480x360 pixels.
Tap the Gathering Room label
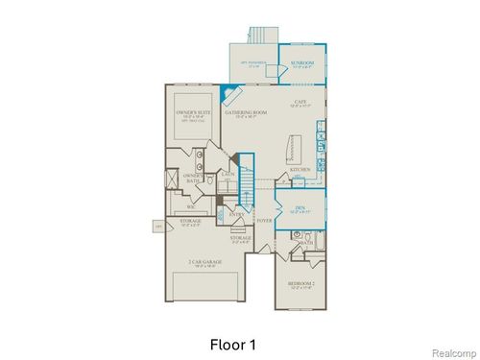click(245, 113)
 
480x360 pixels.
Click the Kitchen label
click(300, 171)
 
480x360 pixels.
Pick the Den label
click(299, 206)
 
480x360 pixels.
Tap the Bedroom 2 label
click(300, 286)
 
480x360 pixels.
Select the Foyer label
click(263, 221)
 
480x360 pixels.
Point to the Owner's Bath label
click(192, 178)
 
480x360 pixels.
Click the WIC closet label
click(191, 206)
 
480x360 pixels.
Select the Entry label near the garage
click(235, 214)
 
